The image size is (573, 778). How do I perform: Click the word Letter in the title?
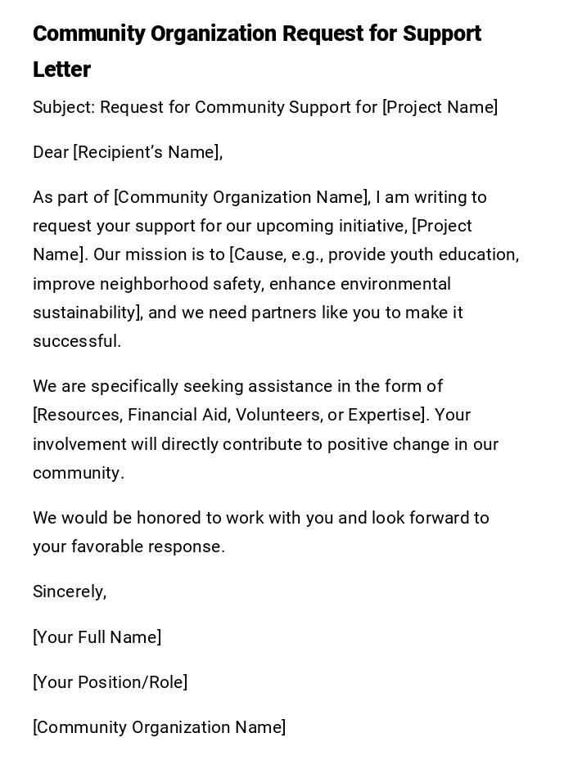tap(61, 70)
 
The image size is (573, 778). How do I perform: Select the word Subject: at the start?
tap(64, 107)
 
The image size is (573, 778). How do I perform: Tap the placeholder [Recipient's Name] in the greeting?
tap(147, 152)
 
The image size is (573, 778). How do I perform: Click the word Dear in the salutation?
tap(51, 152)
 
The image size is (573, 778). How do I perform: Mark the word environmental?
tap(395, 284)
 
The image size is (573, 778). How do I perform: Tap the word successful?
tap(77, 341)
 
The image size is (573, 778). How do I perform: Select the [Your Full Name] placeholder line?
tap(97, 637)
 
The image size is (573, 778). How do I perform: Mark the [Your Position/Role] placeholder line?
tap(110, 682)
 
